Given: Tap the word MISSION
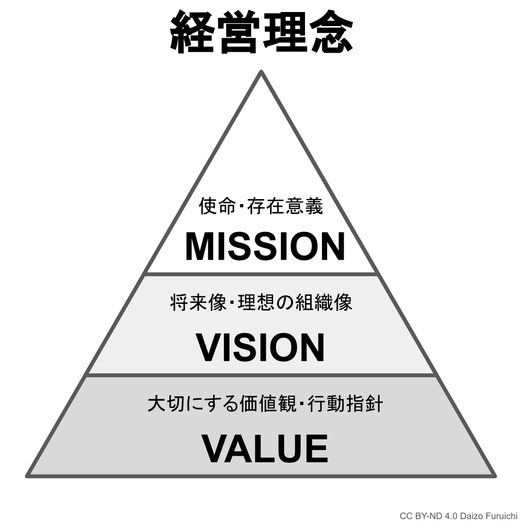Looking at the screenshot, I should pyautogui.click(x=265, y=247).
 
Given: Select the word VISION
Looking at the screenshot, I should pyautogui.click(x=260, y=348).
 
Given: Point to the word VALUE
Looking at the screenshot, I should pyautogui.click(x=264, y=449).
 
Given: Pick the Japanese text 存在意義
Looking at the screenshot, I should pyautogui.click(x=285, y=207).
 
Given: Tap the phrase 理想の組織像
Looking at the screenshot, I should pyautogui.click(x=295, y=303).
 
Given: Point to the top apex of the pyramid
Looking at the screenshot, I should pyautogui.click(x=261, y=72).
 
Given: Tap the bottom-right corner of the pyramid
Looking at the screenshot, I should pyautogui.click(x=494, y=476).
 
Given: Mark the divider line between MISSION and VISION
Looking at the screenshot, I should pyautogui.click(x=261, y=274).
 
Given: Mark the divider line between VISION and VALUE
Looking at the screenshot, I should pyautogui.click(x=261, y=375).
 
